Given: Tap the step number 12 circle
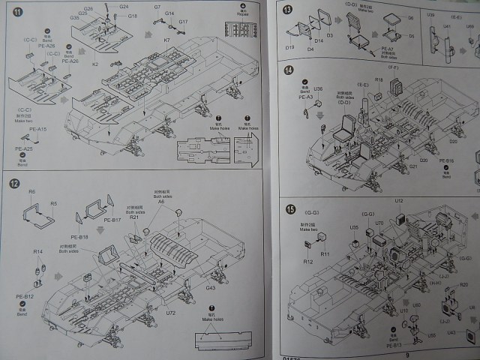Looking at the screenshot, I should [x=14, y=183].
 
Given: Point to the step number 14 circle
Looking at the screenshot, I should [x=289, y=70].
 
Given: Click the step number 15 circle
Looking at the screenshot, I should [x=289, y=208].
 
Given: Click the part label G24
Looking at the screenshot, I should [x=124, y=6].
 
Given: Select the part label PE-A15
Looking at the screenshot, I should [x=37, y=130].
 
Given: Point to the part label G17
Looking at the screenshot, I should [x=182, y=22].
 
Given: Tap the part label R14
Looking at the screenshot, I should [x=37, y=251].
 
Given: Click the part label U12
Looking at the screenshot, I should [x=399, y=201].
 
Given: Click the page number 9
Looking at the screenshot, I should [x=407, y=355].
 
